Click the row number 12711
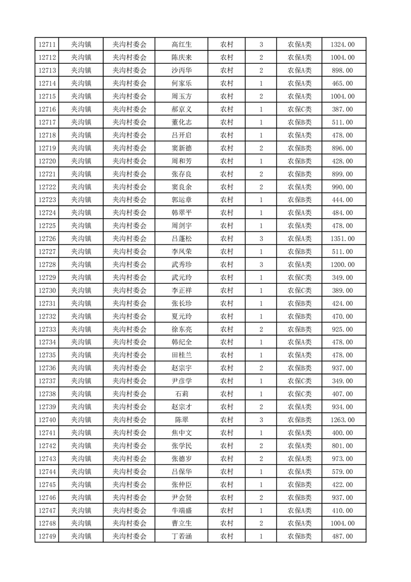[x=47, y=45]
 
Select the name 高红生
[x=182, y=45]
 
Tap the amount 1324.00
[x=343, y=45]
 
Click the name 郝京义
[x=182, y=109]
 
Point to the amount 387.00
[x=343, y=109]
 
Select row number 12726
[x=47, y=239]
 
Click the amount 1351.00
[x=343, y=239]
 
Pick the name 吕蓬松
[x=182, y=239]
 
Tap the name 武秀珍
[x=182, y=265]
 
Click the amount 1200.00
[x=343, y=265]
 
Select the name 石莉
[x=182, y=394]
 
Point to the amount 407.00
[x=343, y=394]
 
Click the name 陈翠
[x=182, y=420]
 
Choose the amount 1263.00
[x=343, y=420]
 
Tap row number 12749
[x=47, y=536]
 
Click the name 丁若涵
[x=182, y=536]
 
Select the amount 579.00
[x=343, y=472]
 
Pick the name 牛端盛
[x=182, y=510]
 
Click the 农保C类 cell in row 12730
[x=300, y=290]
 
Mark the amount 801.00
[x=343, y=446]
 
